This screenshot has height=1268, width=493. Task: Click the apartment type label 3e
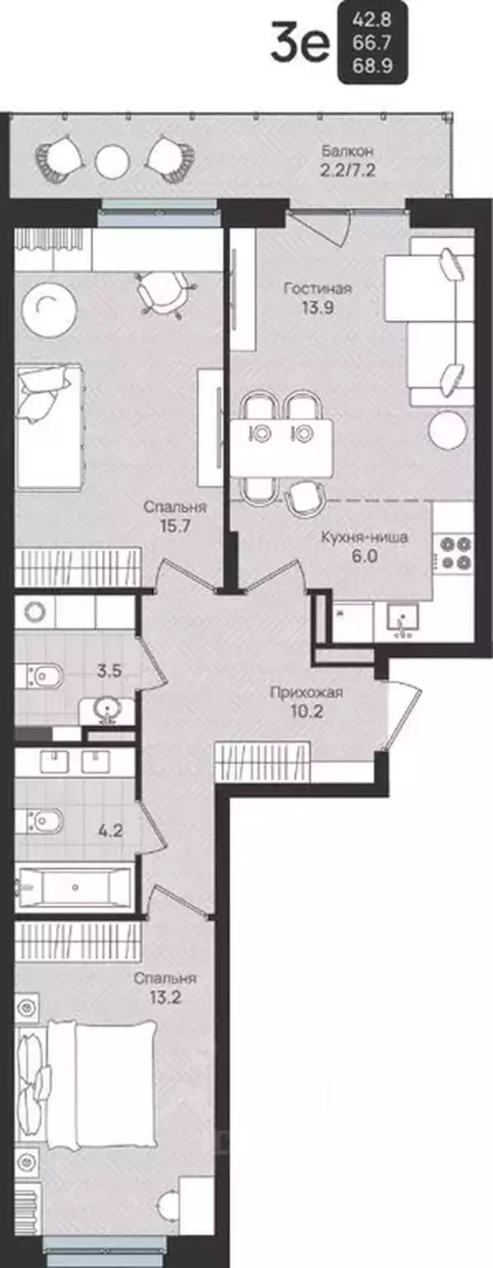click(x=300, y=43)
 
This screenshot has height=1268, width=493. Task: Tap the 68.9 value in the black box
click(x=372, y=67)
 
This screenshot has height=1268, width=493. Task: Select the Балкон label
click(x=348, y=151)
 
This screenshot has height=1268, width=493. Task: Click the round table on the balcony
click(x=113, y=163)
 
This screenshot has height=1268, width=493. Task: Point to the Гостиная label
click(x=317, y=289)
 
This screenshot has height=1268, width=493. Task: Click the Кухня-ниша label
click(x=364, y=537)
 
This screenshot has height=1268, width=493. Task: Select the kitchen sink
click(x=403, y=621)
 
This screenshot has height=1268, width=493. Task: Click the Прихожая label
click(x=306, y=692)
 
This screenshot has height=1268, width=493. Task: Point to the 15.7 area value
click(x=175, y=526)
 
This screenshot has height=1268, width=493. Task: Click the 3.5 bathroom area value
click(x=109, y=671)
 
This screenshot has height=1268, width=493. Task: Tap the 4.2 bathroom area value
click(x=110, y=832)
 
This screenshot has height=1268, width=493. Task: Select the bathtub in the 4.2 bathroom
click(x=75, y=886)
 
